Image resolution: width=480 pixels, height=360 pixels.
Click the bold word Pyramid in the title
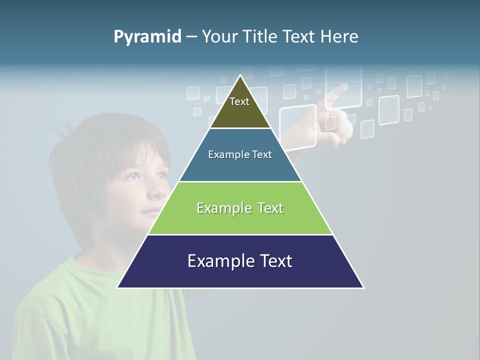pos(147,37)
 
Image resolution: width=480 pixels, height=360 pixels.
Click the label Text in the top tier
pos(239,101)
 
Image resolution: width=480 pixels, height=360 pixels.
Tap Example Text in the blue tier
pos(240,154)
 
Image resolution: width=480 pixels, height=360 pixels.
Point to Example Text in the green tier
pos(240,208)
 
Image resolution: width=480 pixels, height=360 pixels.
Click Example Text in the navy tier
pos(240,261)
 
